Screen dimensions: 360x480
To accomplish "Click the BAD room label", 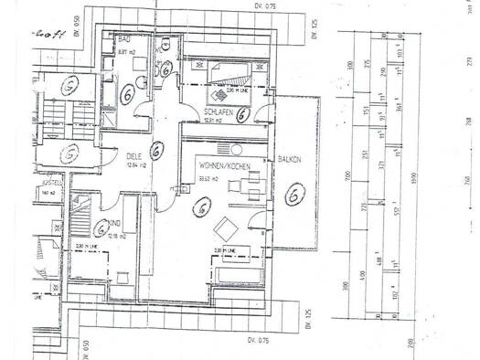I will (x=123, y=39).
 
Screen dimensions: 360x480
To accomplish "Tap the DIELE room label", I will (x=135, y=156).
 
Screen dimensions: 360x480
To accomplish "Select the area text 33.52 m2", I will (x=208, y=178).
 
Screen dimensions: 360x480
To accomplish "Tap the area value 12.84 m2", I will (x=135, y=166).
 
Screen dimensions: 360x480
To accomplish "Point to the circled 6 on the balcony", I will (x=294, y=193).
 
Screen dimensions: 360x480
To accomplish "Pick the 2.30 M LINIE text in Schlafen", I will (x=234, y=91).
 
